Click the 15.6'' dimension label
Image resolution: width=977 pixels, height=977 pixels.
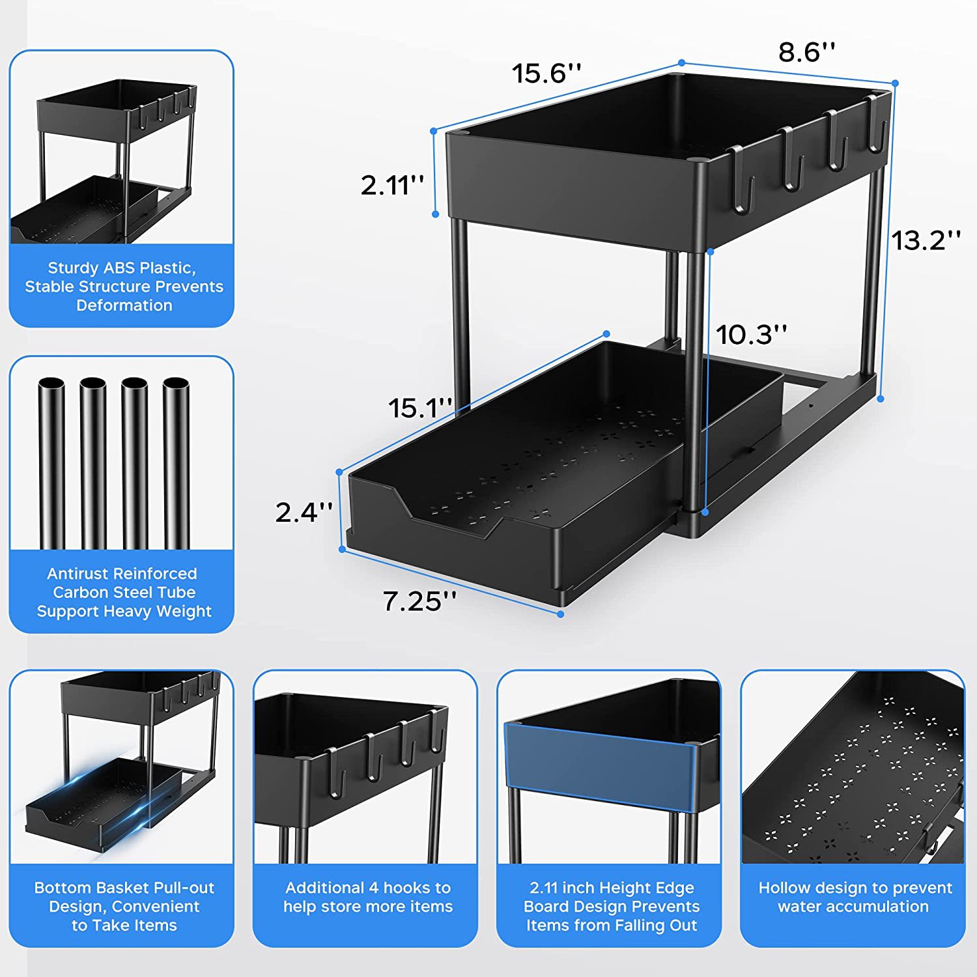[546, 73]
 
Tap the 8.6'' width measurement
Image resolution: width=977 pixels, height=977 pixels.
[806, 52]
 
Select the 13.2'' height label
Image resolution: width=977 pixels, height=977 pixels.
[926, 240]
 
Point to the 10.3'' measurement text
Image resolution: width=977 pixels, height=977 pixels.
[751, 335]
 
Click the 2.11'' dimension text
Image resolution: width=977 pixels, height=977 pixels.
[392, 186]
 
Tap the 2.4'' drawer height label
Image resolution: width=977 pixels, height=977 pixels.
[304, 513]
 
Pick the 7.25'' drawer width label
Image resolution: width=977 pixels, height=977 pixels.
[419, 601]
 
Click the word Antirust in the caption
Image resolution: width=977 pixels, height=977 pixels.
[78, 574]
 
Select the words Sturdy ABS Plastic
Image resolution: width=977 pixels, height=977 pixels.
[122, 268]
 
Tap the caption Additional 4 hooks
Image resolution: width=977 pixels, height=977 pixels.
[367, 888]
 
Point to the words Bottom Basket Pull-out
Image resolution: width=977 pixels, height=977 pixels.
[124, 888]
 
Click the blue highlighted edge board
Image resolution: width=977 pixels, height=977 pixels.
[599, 769]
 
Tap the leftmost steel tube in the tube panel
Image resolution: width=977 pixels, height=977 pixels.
[51, 462]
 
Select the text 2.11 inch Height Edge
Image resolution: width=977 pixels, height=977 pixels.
[612, 888]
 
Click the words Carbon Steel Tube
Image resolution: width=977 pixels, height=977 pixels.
[124, 593]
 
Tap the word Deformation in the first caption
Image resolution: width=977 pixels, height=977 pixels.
[124, 305]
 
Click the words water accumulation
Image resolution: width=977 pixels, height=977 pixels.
[853, 907]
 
